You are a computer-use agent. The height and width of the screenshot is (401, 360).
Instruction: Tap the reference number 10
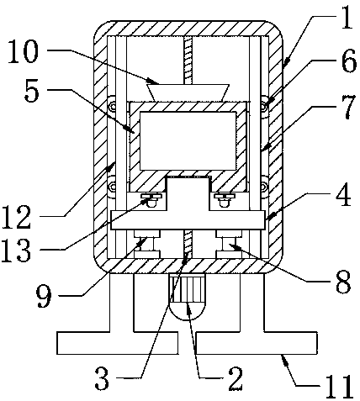(23, 51)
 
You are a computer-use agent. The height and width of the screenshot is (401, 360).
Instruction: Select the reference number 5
(31, 91)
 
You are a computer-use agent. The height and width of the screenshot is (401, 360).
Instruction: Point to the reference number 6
(348, 61)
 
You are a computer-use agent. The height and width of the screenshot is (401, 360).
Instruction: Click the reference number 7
(348, 106)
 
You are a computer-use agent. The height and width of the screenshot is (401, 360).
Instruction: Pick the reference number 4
(343, 194)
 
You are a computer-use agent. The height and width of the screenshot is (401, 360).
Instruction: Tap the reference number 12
(16, 217)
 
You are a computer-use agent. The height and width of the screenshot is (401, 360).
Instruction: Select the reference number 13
(16, 250)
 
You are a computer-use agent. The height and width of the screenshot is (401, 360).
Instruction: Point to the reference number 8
(343, 282)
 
